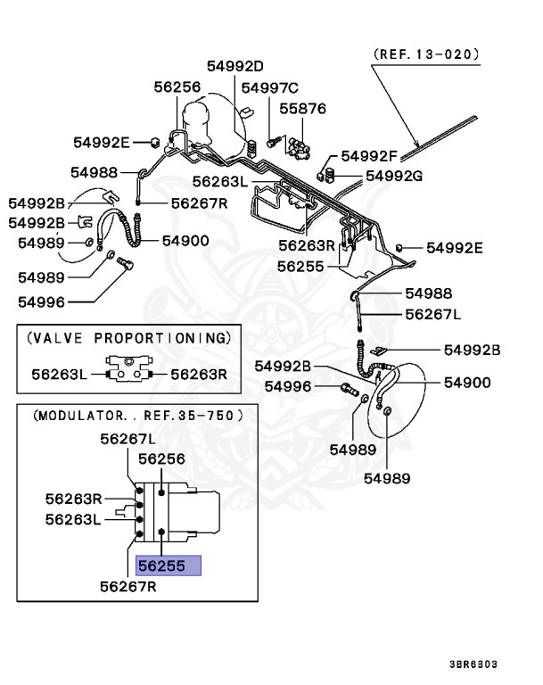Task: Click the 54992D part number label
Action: tap(235, 65)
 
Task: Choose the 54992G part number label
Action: tap(393, 175)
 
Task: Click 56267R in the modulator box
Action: tap(128, 586)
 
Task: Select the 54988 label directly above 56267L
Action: tap(428, 293)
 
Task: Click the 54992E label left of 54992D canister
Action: tap(101, 142)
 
